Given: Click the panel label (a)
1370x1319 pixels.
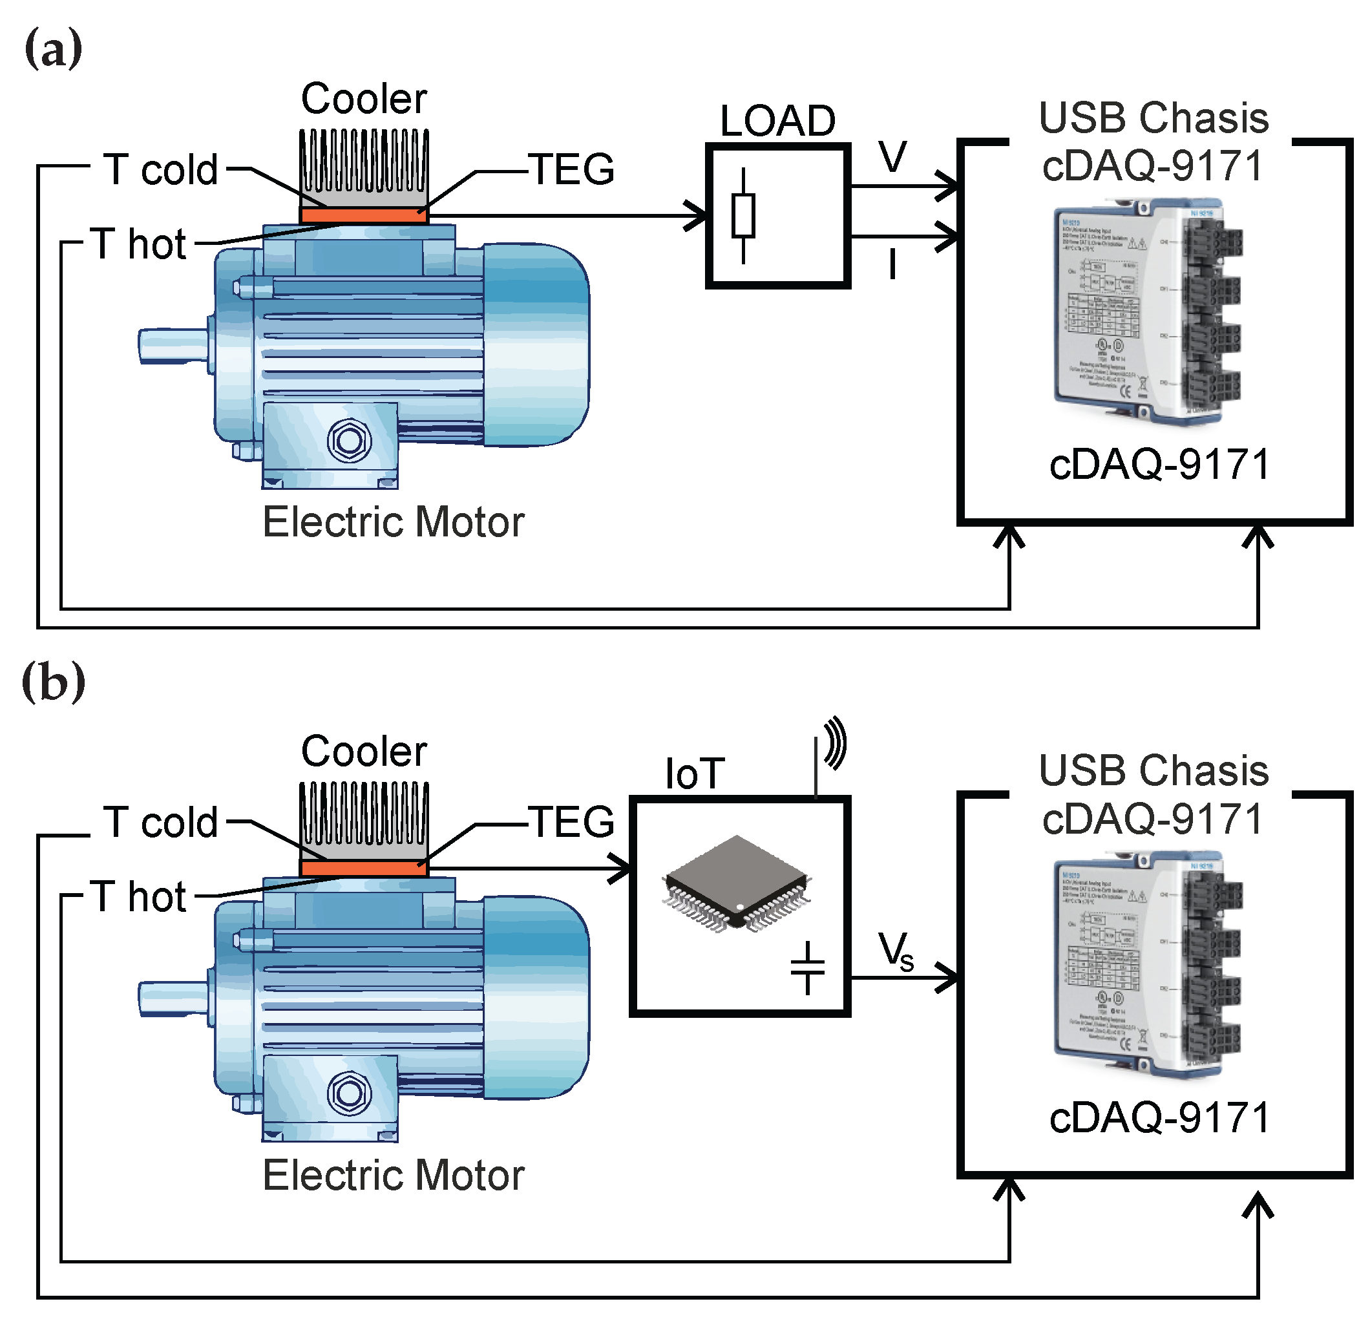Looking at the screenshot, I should [53, 49].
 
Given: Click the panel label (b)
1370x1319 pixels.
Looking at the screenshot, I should [53, 684].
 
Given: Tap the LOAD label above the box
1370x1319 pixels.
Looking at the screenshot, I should [777, 121].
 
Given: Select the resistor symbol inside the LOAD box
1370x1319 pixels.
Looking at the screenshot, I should [743, 215].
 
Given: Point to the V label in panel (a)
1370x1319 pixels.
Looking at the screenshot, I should [893, 156].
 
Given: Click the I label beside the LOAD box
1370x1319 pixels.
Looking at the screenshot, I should [892, 265].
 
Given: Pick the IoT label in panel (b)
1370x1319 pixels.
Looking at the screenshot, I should [695, 774].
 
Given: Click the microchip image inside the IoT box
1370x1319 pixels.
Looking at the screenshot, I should [737, 883].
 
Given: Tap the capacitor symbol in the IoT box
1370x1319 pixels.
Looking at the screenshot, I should [807, 967].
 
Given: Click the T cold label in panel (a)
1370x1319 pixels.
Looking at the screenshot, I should [161, 170].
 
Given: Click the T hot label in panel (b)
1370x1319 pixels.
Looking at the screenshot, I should [138, 897].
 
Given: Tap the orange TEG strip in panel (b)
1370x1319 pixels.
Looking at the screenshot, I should [363, 868].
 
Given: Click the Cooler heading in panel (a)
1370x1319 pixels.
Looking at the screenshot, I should [363, 99].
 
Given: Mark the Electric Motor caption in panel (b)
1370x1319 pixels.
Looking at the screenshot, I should [393, 1175].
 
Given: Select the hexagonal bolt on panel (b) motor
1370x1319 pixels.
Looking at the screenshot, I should [349, 1093].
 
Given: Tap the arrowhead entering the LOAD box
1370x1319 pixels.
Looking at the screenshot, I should [696, 215].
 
